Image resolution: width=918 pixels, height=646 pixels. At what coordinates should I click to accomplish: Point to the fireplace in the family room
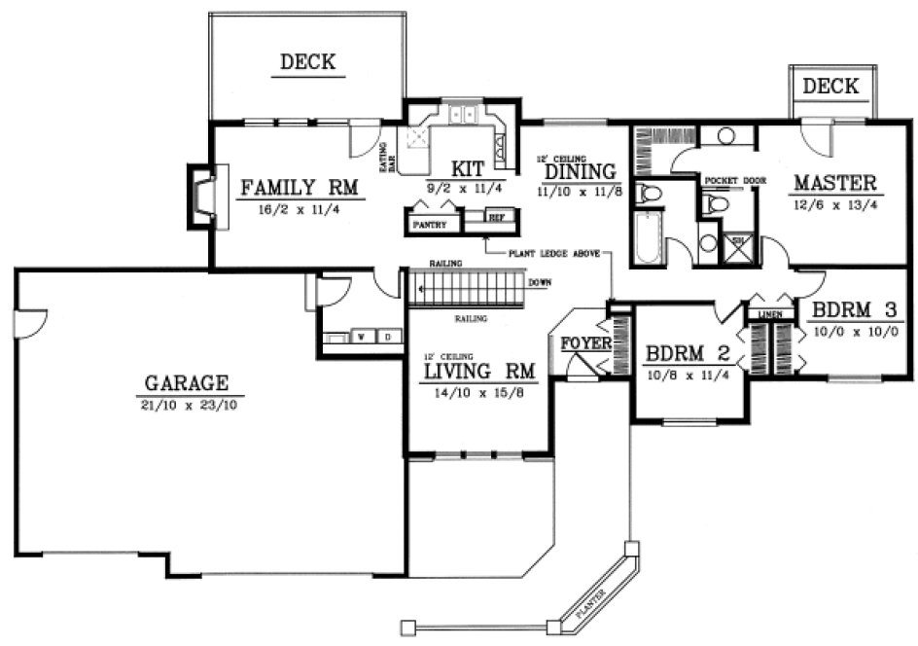(x=203, y=199)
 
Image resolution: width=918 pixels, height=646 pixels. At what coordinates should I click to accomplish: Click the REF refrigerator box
(x=496, y=218)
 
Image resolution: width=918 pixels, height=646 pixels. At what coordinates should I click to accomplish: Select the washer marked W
(x=361, y=338)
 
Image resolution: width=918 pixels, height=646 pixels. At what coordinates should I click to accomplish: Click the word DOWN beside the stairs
(x=540, y=283)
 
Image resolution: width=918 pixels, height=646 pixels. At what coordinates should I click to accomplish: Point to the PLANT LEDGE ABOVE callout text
(x=557, y=251)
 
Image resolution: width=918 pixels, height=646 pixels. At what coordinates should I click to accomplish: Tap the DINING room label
(x=581, y=171)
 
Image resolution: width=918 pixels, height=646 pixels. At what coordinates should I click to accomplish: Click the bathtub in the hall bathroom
(x=648, y=237)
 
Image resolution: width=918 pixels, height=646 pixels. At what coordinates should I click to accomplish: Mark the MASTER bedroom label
(x=834, y=182)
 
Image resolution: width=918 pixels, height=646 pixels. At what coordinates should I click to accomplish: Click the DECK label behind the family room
(x=307, y=63)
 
